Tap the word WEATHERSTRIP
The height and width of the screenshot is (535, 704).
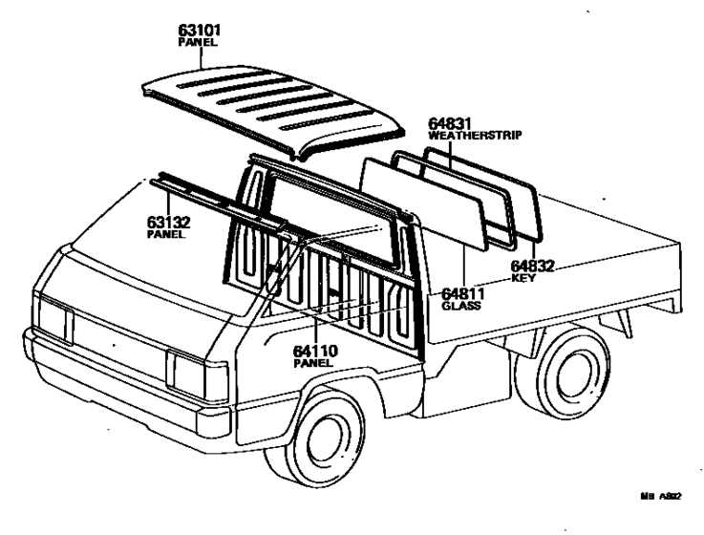475,136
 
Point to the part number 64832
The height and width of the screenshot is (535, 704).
533,266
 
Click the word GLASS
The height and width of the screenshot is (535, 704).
461,307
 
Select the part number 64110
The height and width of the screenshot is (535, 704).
316,352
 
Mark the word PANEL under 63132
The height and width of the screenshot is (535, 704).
165,234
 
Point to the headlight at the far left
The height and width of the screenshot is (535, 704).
53,319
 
